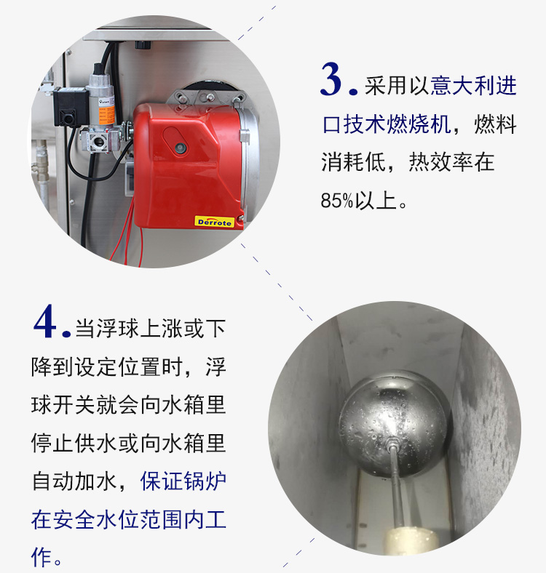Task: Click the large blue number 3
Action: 333,79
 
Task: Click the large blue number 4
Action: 46,321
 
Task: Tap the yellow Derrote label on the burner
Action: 214,222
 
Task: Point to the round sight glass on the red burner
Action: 180,148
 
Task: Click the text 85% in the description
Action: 337,201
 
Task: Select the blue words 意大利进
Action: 473,86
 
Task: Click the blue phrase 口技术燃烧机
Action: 387,124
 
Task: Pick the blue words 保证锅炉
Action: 183,481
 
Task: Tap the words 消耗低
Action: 354,162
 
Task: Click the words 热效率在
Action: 451,162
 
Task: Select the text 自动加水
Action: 74,481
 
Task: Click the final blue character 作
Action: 41,556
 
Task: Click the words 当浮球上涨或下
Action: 151,329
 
